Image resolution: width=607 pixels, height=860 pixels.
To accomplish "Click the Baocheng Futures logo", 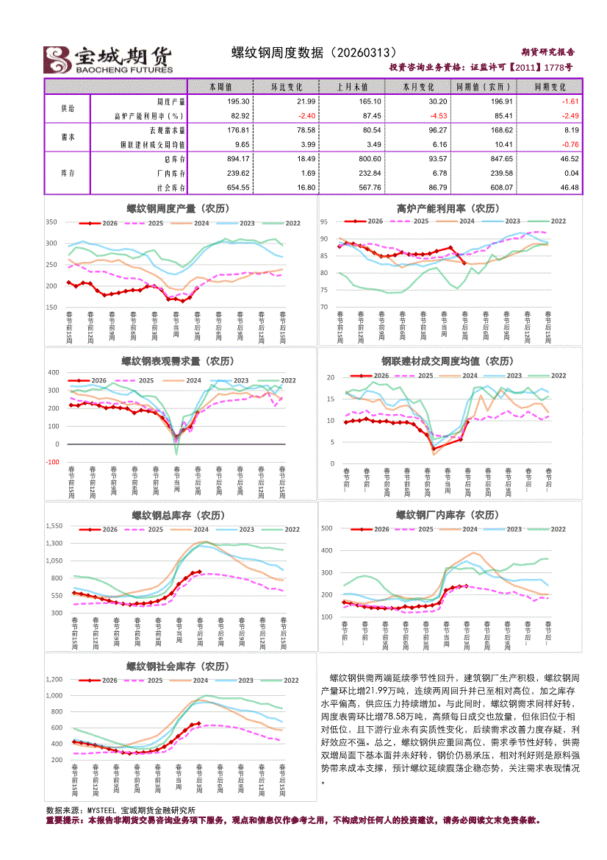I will pyautogui.click(x=109, y=60).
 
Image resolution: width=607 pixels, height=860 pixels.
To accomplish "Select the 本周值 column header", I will pyautogui.click(x=220, y=86).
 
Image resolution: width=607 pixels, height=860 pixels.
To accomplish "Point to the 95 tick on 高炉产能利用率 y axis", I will pyautogui.click(x=323, y=221).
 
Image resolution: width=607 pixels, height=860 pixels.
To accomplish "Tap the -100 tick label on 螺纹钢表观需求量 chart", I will pyautogui.click(x=53, y=462).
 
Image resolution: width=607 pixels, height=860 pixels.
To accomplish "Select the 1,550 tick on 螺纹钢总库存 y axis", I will pyautogui.click(x=54, y=526).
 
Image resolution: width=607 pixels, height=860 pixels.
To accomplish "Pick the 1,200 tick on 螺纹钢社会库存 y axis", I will pyautogui.click(x=54, y=678).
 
